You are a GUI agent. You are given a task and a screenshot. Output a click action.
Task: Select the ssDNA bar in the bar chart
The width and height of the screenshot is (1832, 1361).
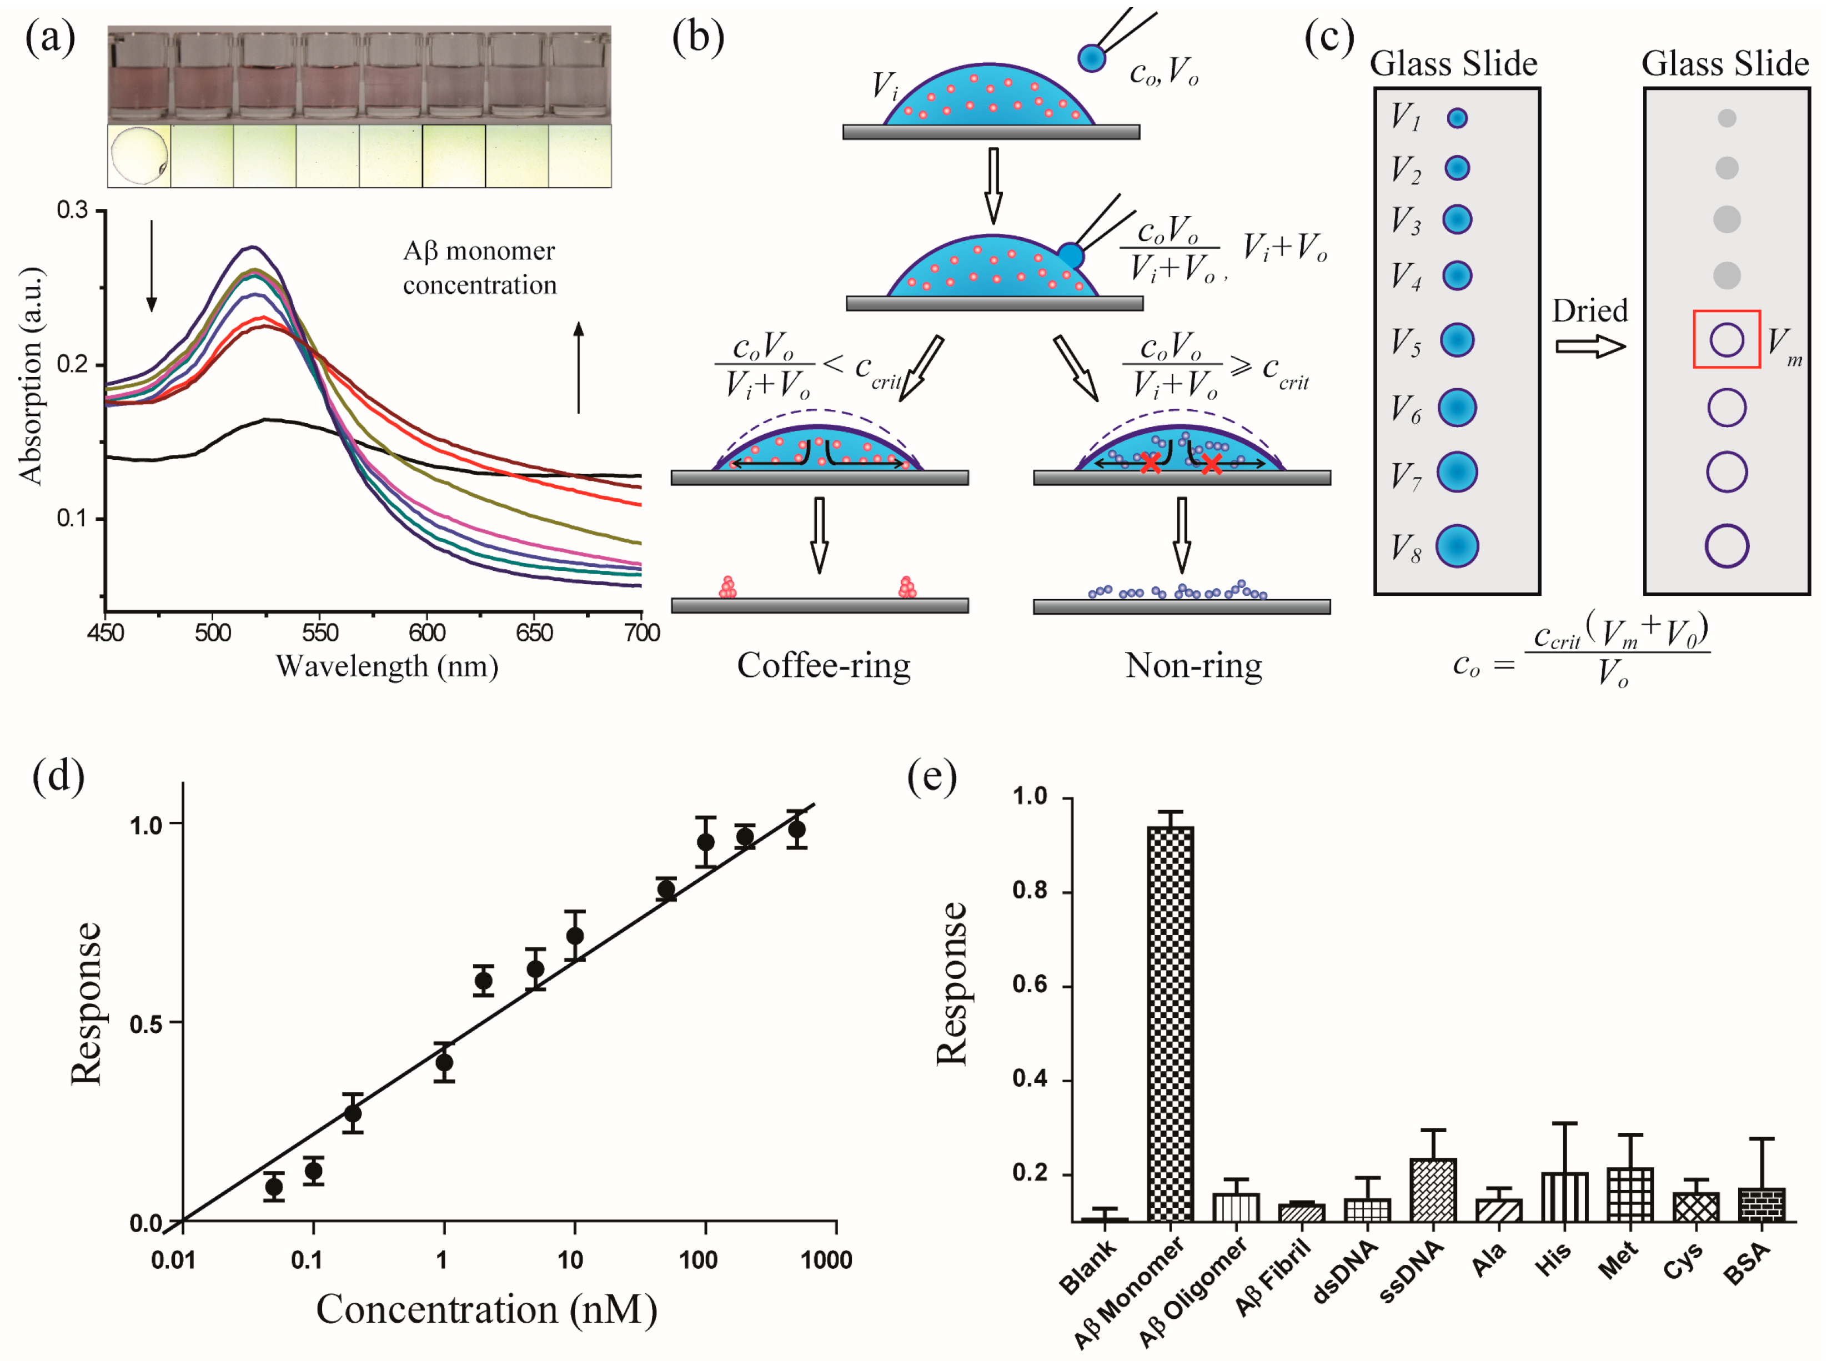coord(1433,1191)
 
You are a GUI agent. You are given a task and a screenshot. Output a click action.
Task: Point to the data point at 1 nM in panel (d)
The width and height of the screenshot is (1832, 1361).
coord(444,1062)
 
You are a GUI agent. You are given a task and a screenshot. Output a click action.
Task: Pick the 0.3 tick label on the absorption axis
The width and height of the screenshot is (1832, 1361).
coord(73,211)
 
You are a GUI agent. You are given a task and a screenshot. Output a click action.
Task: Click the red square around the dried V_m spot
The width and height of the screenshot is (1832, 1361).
coord(1726,339)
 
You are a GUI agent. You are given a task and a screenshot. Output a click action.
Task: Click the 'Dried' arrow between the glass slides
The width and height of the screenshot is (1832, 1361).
coord(1590,346)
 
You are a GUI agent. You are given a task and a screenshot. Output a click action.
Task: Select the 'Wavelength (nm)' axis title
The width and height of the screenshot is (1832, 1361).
coord(387,666)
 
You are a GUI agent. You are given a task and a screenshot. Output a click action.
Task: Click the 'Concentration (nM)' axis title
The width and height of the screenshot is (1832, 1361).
coord(486,1310)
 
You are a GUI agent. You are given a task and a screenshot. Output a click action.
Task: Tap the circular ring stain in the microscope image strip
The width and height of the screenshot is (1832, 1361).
coord(139,155)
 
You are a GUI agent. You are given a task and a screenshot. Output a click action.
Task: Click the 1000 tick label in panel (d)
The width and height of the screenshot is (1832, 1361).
coord(826,1260)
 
